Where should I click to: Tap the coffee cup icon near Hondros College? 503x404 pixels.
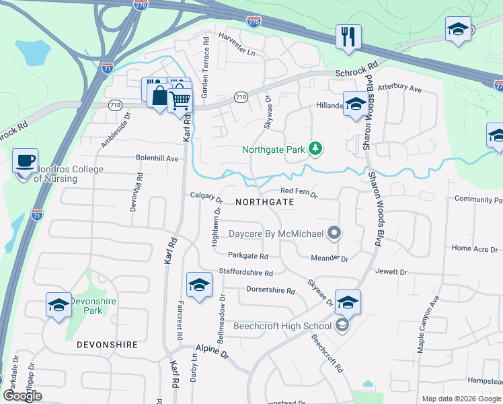[25, 162]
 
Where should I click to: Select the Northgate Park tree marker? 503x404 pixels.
[315, 149]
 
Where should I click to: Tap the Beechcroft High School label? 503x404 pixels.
[282, 327]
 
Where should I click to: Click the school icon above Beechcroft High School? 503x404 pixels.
[348, 302]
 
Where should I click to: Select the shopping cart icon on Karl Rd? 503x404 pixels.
[180, 101]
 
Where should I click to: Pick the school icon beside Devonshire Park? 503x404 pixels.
[59, 305]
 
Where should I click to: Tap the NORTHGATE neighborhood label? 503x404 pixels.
[264, 202]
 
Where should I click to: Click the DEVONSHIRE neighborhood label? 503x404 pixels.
[107, 345]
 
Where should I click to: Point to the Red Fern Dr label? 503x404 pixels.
[299, 193]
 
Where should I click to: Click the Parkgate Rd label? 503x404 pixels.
[248, 256]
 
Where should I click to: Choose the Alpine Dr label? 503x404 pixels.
[212, 351]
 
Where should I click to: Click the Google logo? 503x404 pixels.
[23, 396]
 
